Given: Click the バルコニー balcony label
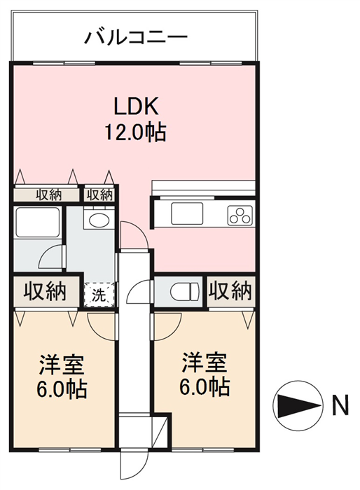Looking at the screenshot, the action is (137, 38).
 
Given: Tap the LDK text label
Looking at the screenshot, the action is (136, 106).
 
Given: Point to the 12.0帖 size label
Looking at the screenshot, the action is (135, 132).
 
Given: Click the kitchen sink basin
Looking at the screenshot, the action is (187, 213).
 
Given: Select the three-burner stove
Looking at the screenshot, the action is (240, 215).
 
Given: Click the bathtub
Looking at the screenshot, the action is (38, 222).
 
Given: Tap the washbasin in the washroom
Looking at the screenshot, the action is (99, 219).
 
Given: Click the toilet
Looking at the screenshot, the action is (184, 292).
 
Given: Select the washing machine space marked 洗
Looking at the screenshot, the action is (99, 294).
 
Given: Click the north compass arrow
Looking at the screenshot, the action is (298, 405).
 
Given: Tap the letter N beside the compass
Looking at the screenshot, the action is (340, 405).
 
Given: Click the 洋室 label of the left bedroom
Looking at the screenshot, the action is (62, 364).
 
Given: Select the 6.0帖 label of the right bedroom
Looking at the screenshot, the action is (205, 387).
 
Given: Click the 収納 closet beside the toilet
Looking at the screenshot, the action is (230, 290).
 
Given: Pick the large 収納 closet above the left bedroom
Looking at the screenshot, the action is (46, 291).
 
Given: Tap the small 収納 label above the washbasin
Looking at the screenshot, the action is (99, 195).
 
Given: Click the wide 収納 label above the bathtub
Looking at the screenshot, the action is (49, 195).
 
